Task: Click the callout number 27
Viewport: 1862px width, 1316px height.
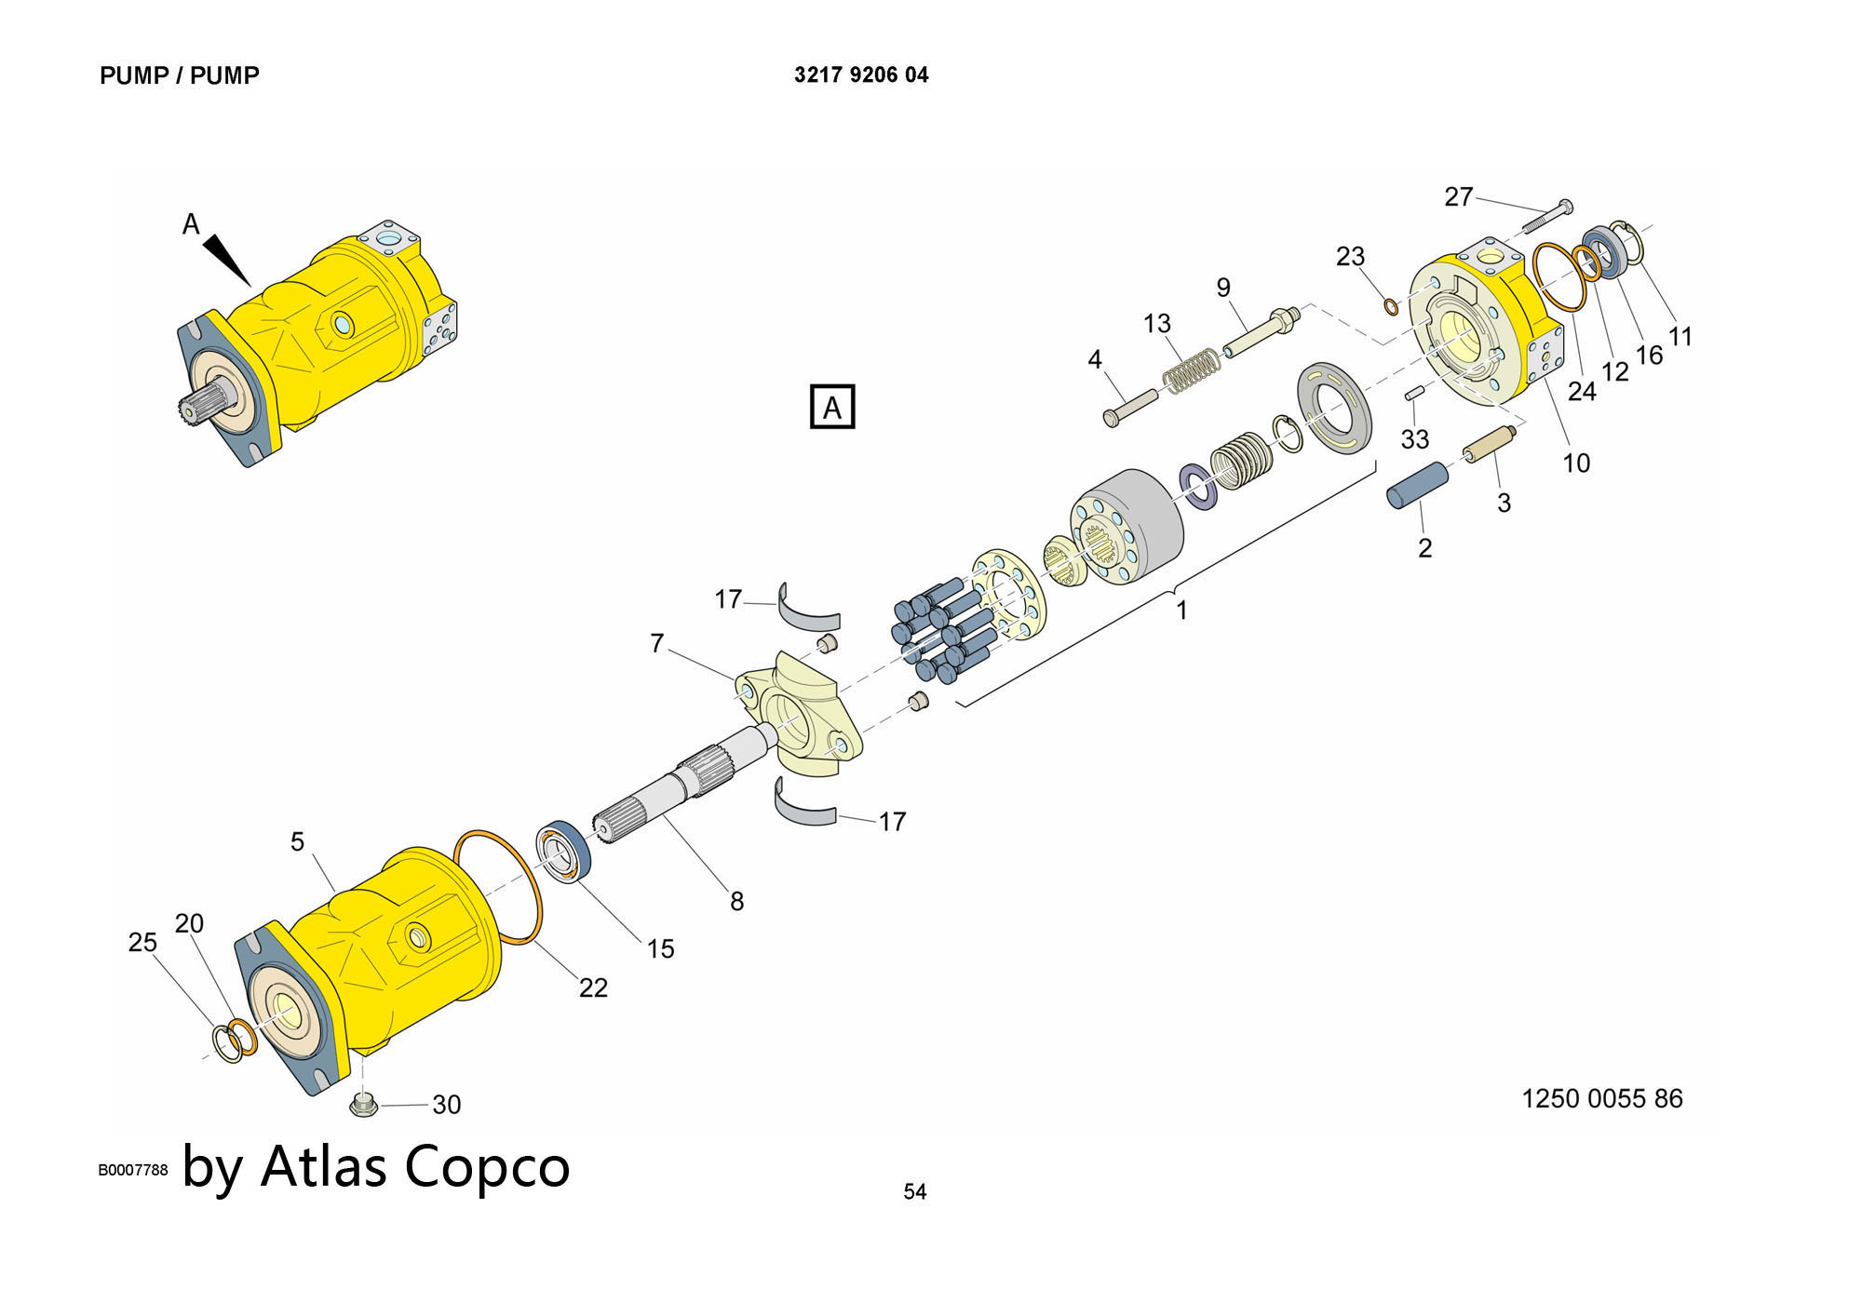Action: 1458,196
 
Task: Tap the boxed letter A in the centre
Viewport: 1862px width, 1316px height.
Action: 832,408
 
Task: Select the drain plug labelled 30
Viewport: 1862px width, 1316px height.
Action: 363,1105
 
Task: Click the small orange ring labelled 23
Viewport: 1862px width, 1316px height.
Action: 1391,306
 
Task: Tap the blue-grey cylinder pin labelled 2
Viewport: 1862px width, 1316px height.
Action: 1418,485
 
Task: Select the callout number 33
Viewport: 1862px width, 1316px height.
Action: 1415,438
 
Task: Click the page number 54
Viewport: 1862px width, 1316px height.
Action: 914,1191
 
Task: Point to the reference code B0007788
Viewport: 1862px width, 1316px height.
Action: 133,1170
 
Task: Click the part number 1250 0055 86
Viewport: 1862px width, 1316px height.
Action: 1601,1098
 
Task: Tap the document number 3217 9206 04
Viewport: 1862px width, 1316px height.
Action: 861,74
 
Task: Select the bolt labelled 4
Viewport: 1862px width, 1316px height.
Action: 1129,406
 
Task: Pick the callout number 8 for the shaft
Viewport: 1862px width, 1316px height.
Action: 736,901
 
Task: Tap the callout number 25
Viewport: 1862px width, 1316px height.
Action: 142,942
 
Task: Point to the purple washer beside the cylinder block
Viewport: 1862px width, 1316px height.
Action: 1197,487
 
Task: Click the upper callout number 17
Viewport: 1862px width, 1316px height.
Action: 728,598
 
